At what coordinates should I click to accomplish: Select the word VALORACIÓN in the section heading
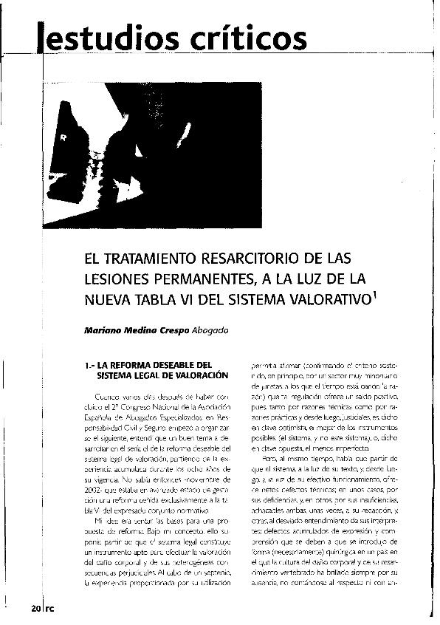200,376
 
